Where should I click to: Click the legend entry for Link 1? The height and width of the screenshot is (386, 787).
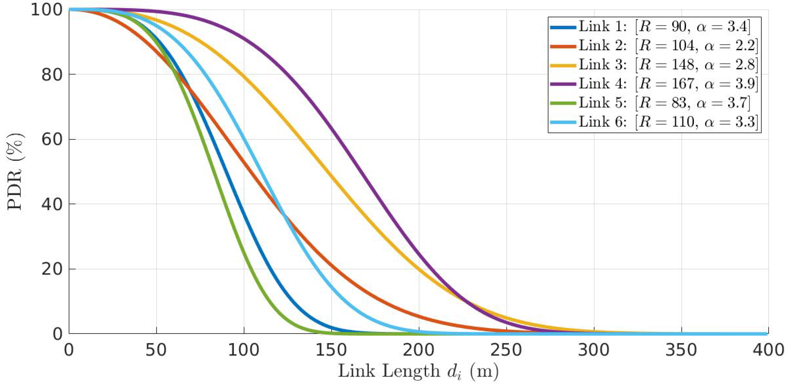[x=664, y=27]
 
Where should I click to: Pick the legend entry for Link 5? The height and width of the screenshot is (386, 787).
[x=664, y=103]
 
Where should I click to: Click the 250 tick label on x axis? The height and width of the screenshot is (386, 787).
[x=506, y=350]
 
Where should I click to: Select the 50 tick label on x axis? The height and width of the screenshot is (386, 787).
[x=156, y=350]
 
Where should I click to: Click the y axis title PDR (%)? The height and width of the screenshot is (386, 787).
[x=15, y=172]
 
